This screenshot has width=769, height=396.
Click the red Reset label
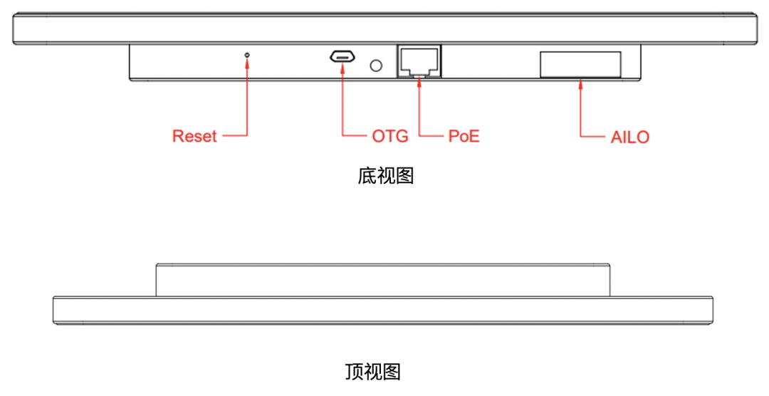click(194, 136)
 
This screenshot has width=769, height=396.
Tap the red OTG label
click(390, 136)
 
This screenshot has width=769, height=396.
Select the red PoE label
click(464, 136)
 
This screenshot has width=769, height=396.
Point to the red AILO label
click(630, 137)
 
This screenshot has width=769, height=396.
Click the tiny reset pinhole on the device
click(247, 54)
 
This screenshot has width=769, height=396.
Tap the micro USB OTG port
click(342, 57)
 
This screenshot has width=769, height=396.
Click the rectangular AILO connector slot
click(580, 64)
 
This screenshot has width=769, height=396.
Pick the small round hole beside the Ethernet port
click(376, 66)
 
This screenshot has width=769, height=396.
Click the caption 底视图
click(385, 176)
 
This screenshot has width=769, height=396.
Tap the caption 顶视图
click(372, 372)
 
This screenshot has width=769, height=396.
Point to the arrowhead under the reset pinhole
click(247, 63)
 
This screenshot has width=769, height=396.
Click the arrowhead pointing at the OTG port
click(342, 68)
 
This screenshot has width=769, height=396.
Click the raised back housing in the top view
click(382, 279)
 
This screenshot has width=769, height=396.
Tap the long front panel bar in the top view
click(382, 312)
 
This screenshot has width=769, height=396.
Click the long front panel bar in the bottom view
click(384, 28)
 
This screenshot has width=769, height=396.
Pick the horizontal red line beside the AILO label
click(593, 135)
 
